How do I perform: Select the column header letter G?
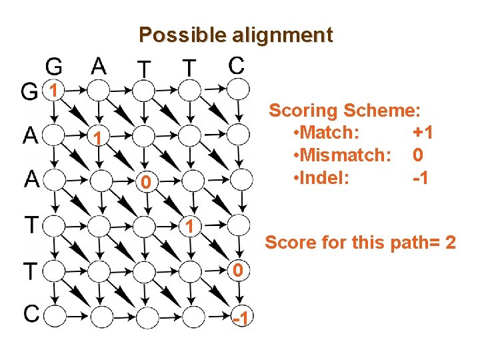(55, 66)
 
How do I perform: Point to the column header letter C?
(235, 65)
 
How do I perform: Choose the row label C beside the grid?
(29, 312)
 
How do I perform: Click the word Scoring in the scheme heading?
(303, 110)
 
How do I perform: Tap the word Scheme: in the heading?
(390, 110)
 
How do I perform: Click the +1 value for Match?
(423, 133)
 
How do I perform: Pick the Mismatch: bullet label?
(346, 156)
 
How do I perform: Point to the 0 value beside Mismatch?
(418, 156)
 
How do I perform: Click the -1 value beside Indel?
(421, 179)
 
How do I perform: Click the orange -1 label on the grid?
(241, 321)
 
